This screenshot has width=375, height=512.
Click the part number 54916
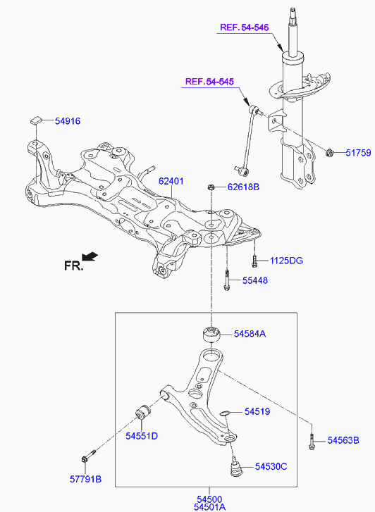(68, 121)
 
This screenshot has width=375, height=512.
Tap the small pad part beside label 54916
(37, 120)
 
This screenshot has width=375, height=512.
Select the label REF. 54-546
(244, 27)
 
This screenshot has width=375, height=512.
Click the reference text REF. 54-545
(209, 81)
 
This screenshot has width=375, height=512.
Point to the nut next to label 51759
(330, 152)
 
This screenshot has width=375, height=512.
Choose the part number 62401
(171, 181)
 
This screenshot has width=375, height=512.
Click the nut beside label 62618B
(211, 187)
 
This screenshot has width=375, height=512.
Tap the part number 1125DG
(286, 261)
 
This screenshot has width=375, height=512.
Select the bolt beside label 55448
(226, 279)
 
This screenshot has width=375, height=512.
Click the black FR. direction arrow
(90, 256)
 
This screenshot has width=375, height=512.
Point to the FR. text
(73, 266)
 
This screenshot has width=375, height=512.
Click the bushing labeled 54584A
(210, 334)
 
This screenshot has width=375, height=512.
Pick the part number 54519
(257, 411)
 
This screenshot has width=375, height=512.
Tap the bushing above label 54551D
(142, 413)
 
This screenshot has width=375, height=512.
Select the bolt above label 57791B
(89, 456)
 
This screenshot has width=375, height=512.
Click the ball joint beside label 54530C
(235, 467)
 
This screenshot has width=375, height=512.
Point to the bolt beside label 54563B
(312, 441)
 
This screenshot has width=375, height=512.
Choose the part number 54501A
(209, 507)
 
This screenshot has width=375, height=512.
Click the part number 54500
(209, 499)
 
